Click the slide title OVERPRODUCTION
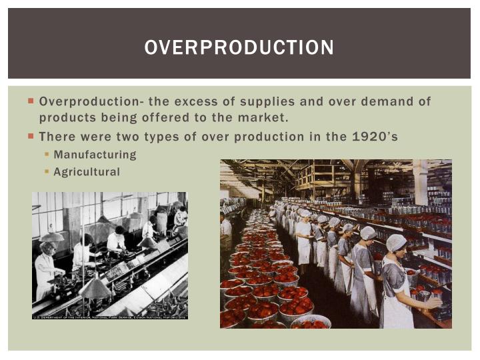point(239,47)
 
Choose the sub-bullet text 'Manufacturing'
point(95,155)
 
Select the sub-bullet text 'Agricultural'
point(87,172)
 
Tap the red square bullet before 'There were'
point(31,136)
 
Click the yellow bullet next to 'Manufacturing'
point(47,155)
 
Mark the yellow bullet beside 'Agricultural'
point(47,172)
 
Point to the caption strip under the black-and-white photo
point(110,317)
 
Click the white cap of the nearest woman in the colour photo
point(396,243)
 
